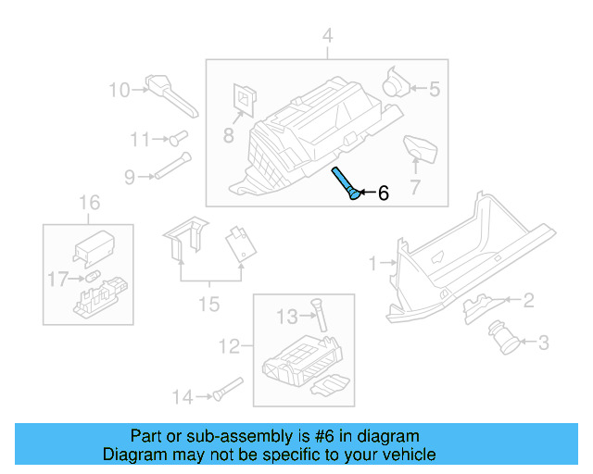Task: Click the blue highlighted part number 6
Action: point(345,182)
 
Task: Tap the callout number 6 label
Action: point(383,193)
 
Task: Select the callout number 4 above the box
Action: point(326,36)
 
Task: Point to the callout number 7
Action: point(414,187)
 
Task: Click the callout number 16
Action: point(88,203)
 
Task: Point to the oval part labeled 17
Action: point(94,277)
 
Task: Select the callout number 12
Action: point(229,347)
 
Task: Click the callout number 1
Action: point(373,264)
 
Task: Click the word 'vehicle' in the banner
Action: point(407,455)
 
